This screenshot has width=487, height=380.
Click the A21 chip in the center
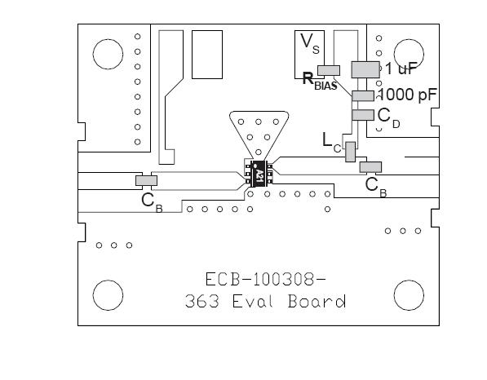[259, 174]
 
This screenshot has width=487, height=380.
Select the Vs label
[309, 43]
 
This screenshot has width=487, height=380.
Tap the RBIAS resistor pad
[329, 70]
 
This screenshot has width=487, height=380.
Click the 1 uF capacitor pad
[365, 69]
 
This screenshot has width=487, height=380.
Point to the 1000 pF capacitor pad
[363, 96]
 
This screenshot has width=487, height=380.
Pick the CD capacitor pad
[363, 115]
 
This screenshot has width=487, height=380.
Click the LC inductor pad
[350, 152]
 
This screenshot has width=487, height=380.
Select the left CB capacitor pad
[146, 181]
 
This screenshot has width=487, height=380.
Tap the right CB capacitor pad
[370, 167]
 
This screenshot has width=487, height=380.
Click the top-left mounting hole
[108, 54]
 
